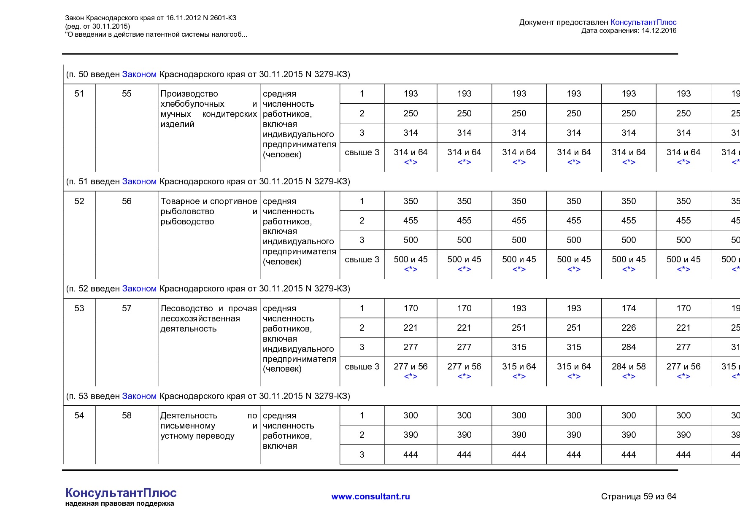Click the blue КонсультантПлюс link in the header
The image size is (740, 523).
click(x=643, y=22)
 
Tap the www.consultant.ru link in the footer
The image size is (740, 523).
click(x=370, y=496)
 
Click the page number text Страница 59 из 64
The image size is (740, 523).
click(x=638, y=496)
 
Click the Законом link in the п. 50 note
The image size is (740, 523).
click(x=139, y=74)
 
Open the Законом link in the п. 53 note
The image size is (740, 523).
click(x=139, y=396)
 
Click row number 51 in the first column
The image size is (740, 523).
click(x=79, y=94)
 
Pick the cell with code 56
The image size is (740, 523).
click(x=127, y=201)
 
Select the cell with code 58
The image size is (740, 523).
click(x=127, y=415)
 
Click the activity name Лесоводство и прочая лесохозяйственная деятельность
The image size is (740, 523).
click(x=208, y=318)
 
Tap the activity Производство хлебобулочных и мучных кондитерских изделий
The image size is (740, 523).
click(x=208, y=109)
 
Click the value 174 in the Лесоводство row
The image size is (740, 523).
click(x=628, y=308)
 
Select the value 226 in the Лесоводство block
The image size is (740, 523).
click(x=628, y=328)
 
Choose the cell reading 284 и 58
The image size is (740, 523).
click(x=628, y=367)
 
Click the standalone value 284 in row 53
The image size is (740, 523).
click(x=628, y=347)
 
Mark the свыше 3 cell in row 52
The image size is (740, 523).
click(x=362, y=259)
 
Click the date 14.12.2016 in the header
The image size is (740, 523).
click(x=659, y=30)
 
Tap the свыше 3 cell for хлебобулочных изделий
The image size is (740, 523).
click(x=362, y=152)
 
